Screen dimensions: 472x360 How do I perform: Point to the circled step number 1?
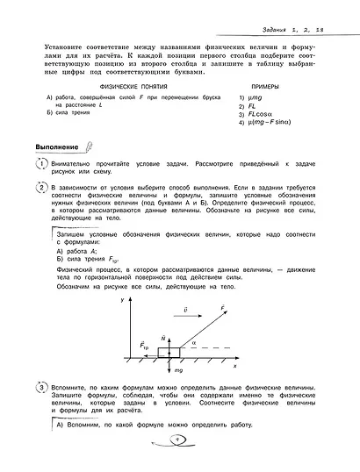[x=41, y=165]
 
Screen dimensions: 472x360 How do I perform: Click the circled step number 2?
[x=41, y=188]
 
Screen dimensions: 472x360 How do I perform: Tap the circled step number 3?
[x=41, y=386]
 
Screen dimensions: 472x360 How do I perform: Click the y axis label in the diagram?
[x=121, y=301]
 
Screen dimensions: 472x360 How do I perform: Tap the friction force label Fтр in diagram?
[x=144, y=347]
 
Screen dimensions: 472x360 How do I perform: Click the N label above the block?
[x=164, y=337]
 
